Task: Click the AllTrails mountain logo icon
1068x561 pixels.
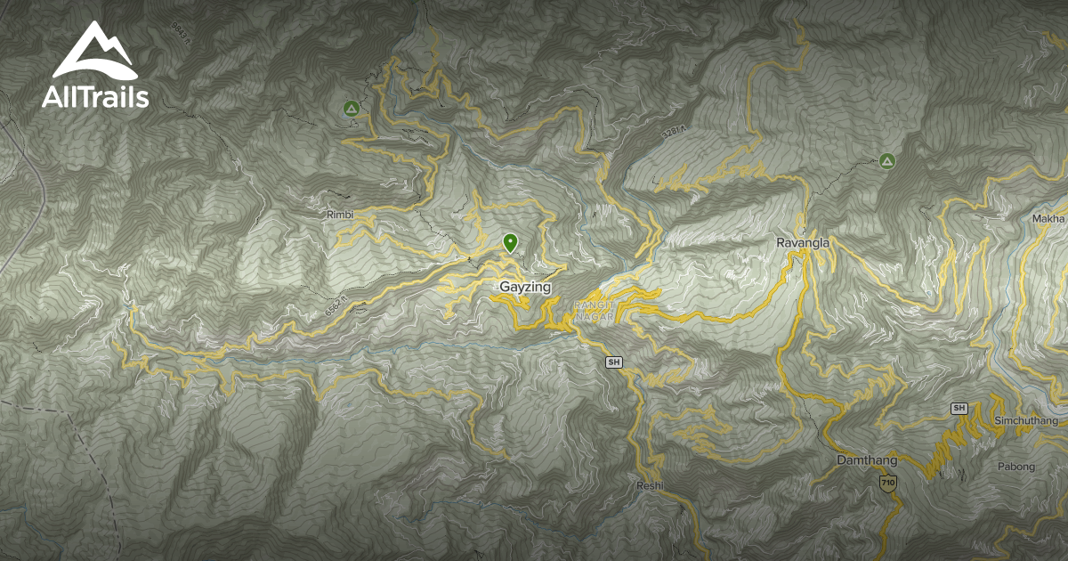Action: (x=94, y=53)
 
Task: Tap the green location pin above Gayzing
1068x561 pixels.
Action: (x=510, y=242)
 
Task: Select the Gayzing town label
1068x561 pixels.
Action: (x=525, y=288)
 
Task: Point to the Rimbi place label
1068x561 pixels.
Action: (x=340, y=215)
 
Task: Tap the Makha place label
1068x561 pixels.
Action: (x=1048, y=219)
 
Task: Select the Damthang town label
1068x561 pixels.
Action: (x=866, y=460)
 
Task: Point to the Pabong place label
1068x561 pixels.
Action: (x=1015, y=467)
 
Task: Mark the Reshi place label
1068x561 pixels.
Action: (x=650, y=486)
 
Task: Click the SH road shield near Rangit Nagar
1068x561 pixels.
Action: (x=612, y=362)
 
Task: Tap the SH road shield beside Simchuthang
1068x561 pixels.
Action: (x=959, y=408)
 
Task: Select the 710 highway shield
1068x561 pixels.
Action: (x=887, y=483)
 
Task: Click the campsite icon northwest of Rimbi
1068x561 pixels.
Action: (x=351, y=109)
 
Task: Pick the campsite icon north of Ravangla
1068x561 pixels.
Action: (x=886, y=161)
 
